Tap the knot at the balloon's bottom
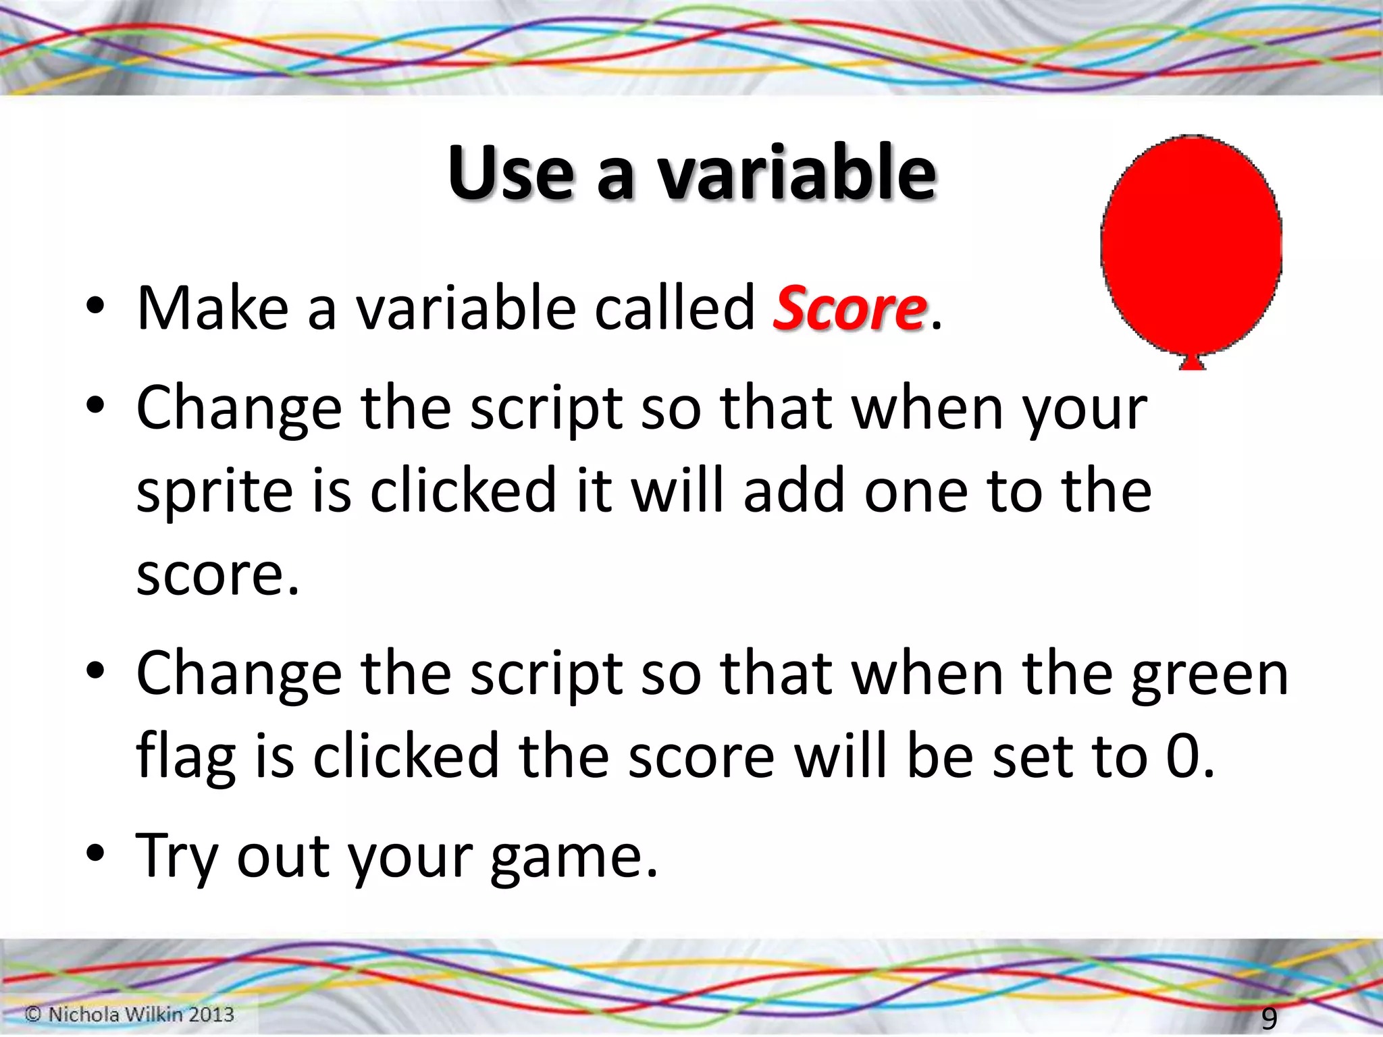click(1192, 363)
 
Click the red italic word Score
click(850, 309)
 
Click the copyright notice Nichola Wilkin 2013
click(130, 1014)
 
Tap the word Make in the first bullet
click(213, 309)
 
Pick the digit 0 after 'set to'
click(1183, 756)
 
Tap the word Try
click(177, 857)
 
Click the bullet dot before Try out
click(95, 853)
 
